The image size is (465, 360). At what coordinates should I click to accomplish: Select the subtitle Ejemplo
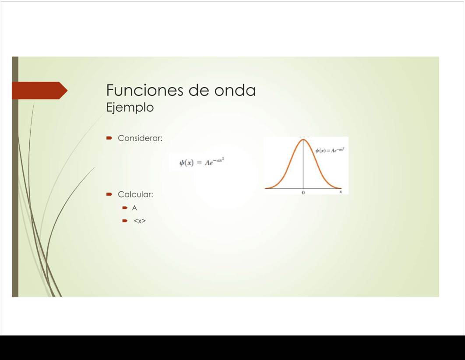click(130, 107)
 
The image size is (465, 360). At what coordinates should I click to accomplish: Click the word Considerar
click(140, 138)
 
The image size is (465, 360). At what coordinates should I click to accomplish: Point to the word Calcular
click(135, 194)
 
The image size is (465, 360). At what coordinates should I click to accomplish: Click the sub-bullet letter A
click(134, 208)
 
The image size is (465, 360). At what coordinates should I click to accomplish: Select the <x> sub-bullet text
click(139, 221)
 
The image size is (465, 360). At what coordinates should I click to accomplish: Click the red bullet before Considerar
click(109, 138)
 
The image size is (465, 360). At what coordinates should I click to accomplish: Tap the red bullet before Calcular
click(109, 194)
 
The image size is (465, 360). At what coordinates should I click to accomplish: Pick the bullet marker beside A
click(125, 208)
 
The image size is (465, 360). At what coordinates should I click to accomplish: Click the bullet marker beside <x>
click(125, 221)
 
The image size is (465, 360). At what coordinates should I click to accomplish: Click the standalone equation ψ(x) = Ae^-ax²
click(202, 162)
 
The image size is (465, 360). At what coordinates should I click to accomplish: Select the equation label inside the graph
click(330, 150)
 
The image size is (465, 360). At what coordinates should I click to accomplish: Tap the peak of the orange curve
click(303, 139)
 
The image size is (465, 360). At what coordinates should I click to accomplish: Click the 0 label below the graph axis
click(303, 193)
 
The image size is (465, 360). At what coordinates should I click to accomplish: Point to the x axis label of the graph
click(341, 192)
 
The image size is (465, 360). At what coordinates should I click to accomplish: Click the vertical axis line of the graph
click(303, 164)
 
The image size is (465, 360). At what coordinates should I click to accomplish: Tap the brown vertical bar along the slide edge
click(15, 177)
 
